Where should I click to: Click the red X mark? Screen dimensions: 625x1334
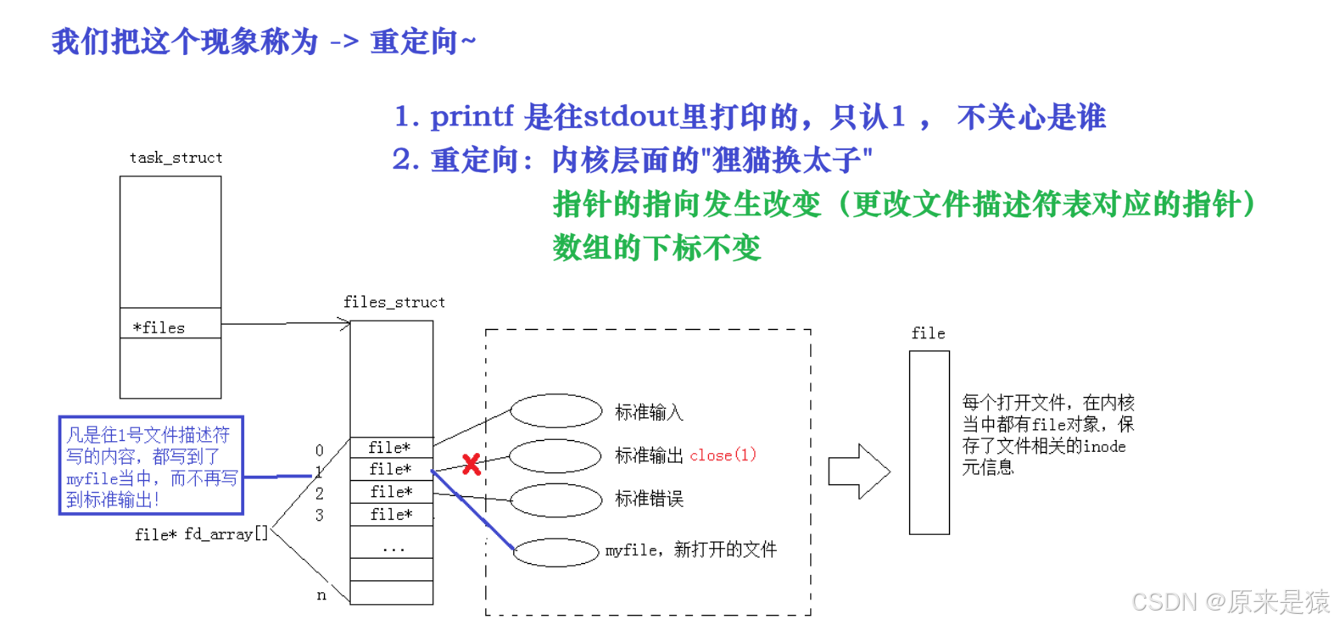(x=472, y=464)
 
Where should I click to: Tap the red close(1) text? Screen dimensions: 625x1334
(x=723, y=455)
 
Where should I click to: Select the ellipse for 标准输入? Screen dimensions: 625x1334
(x=555, y=411)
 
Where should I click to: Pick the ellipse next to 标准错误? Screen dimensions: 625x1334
(x=555, y=499)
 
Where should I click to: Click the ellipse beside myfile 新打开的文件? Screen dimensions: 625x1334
(x=556, y=552)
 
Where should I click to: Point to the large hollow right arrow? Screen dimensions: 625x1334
(x=859, y=472)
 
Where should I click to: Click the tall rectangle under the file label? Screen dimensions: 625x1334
(x=929, y=443)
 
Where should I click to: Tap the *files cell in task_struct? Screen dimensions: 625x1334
(x=170, y=326)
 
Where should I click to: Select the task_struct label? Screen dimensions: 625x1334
(x=176, y=159)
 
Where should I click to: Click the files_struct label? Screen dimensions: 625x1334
(x=394, y=303)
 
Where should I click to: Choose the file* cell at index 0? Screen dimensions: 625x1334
(x=391, y=447)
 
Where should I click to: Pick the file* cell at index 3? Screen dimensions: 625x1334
(x=391, y=514)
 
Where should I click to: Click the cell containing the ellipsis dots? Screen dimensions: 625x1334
(x=392, y=548)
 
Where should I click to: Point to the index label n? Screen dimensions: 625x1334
(x=321, y=596)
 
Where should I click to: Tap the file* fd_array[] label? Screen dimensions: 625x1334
(x=201, y=534)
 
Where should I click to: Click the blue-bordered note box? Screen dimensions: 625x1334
(x=151, y=466)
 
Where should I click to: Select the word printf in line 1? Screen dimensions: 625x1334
(x=472, y=116)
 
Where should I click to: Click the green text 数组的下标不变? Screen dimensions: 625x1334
(x=656, y=248)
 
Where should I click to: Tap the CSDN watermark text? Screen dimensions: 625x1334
(x=1229, y=600)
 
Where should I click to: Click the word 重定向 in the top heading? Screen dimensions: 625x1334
(x=414, y=41)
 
